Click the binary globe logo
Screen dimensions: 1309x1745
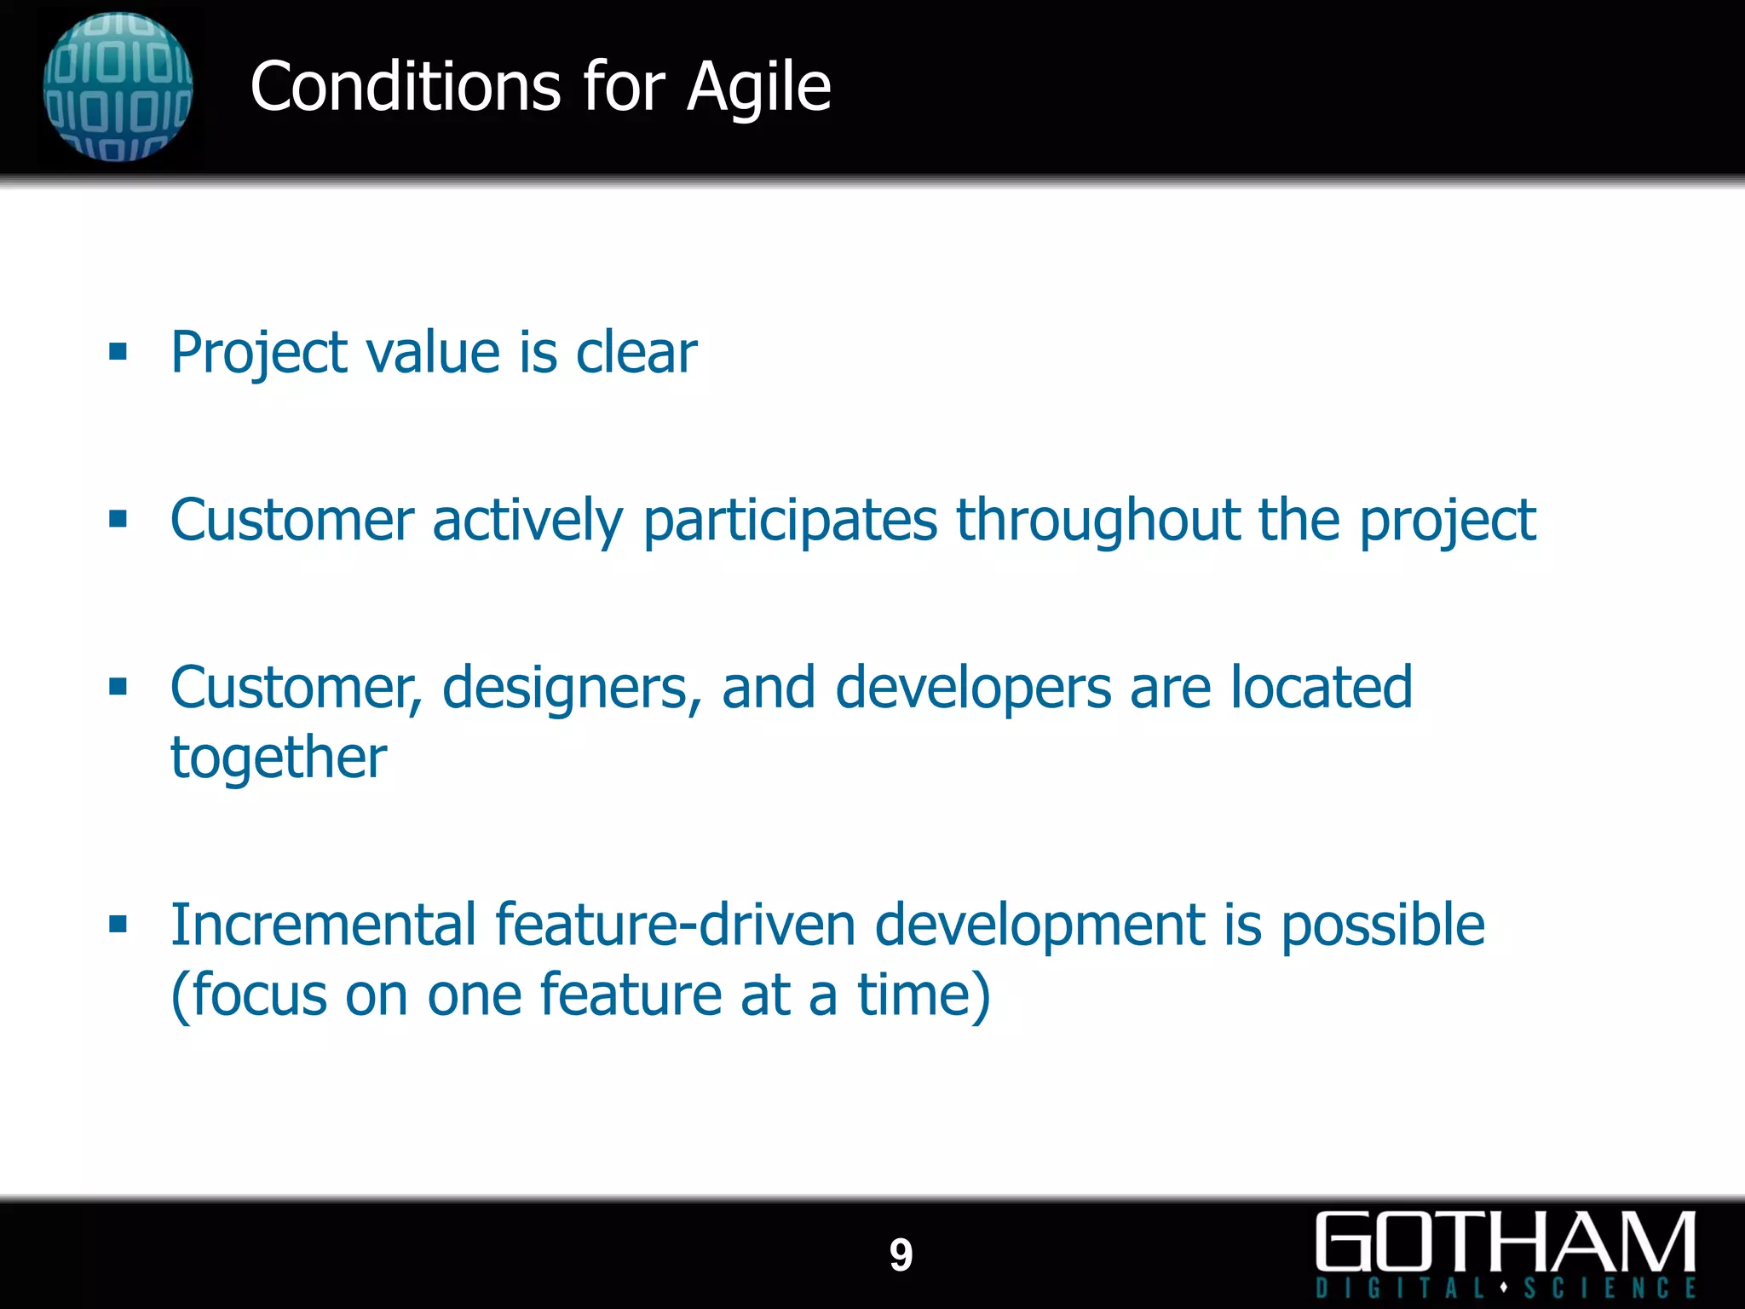tap(118, 86)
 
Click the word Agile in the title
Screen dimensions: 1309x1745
tap(758, 88)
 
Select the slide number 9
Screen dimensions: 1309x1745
tap(901, 1255)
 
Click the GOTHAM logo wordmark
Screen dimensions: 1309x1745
tap(1506, 1242)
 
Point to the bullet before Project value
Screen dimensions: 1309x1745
tap(118, 352)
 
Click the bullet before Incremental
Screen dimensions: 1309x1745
tap(118, 925)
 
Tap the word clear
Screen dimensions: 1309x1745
tap(636, 352)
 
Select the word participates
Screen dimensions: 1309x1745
tap(790, 521)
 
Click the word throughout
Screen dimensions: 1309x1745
tap(1097, 521)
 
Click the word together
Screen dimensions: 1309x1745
tap(279, 758)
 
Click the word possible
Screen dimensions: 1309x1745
tap(1382, 926)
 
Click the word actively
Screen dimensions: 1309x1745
tap(527, 521)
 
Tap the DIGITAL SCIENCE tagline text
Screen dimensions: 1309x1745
tap(1506, 1288)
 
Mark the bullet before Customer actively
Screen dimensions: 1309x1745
tap(118, 519)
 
